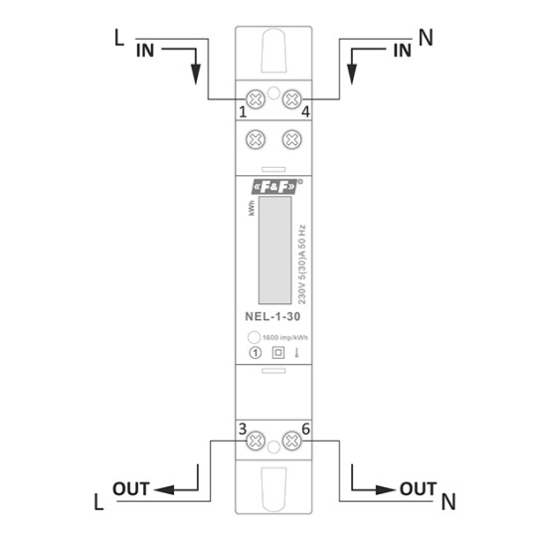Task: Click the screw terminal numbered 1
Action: tap(256, 99)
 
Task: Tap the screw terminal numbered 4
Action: tap(292, 99)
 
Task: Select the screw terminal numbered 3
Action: tap(256, 441)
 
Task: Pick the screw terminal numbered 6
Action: tap(292, 441)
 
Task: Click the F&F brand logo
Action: tap(274, 187)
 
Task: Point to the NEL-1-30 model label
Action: tap(272, 316)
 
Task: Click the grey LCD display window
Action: tap(275, 251)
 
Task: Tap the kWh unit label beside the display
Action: tap(252, 208)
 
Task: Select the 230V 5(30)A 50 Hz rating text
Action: tap(301, 265)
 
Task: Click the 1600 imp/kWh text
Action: tap(285, 337)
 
